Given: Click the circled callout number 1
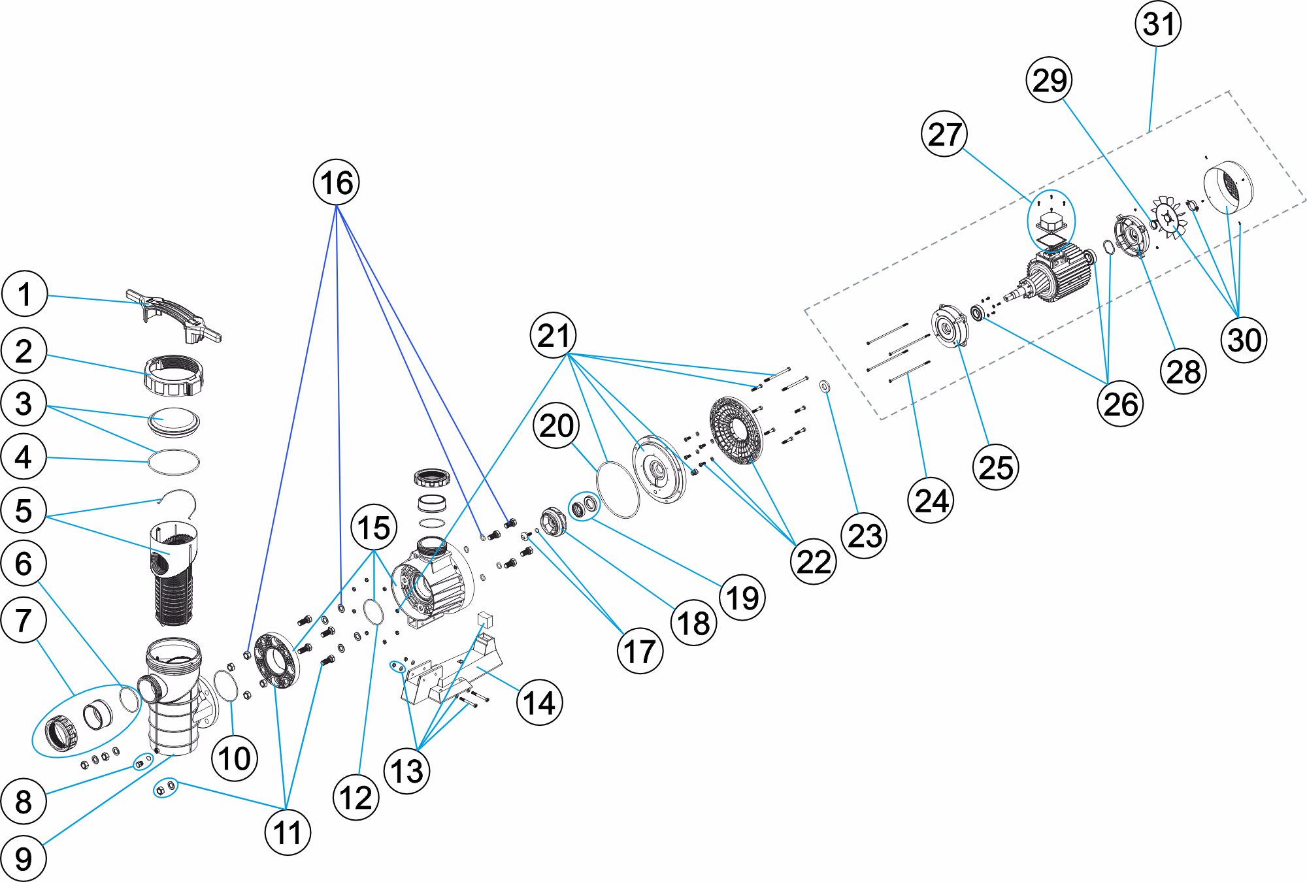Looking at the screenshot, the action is click(25, 294).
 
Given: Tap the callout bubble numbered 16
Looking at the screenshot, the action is click(337, 182).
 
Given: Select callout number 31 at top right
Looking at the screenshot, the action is click(1159, 24).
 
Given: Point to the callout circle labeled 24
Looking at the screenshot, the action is click(931, 501).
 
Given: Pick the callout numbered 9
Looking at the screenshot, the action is click(24, 858).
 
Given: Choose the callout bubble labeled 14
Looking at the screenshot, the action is click(539, 704).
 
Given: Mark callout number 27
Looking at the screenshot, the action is click(944, 134).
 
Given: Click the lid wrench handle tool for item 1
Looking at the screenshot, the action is click(173, 316).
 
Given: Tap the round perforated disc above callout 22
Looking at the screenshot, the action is click(736, 430).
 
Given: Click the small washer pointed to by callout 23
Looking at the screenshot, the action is click(825, 387).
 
